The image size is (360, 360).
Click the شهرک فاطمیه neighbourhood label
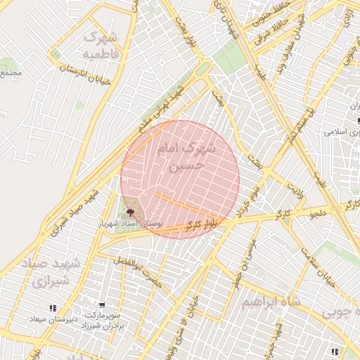(101, 44)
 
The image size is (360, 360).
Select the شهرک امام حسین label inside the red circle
(185, 157)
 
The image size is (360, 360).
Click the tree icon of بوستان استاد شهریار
(129, 211)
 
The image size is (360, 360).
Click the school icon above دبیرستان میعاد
(52, 308)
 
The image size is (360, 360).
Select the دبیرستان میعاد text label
(51, 319)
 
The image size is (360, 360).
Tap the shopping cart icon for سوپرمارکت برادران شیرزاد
(102, 306)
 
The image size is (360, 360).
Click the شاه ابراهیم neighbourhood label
(271, 302)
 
